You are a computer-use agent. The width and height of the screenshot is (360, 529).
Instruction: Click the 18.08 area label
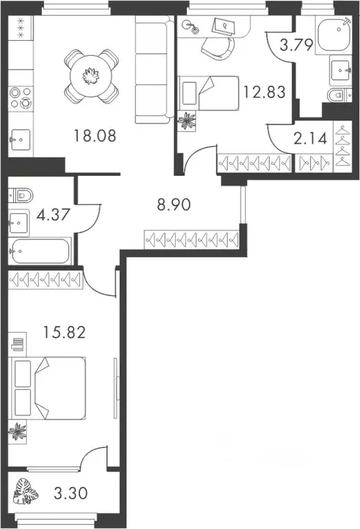click(95, 136)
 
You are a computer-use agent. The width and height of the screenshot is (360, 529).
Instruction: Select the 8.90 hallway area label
click(173, 203)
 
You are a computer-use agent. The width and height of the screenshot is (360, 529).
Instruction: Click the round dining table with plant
click(91, 74)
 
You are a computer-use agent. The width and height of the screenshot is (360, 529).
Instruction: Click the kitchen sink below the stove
click(21, 142)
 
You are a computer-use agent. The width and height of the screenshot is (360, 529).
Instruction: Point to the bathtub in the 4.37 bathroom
click(40, 250)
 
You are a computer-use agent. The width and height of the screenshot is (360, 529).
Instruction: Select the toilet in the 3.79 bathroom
click(333, 95)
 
